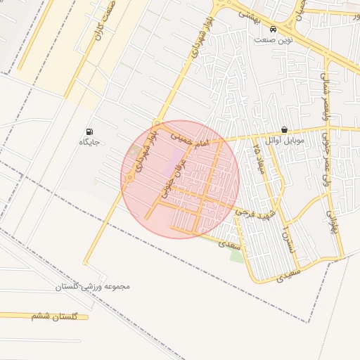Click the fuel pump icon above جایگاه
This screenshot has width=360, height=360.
(89, 131)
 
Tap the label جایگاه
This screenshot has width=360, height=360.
(89, 142)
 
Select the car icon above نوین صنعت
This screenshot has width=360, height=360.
(272, 30)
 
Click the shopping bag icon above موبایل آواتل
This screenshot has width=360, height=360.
(284, 129)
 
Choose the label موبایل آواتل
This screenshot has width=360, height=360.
(284, 140)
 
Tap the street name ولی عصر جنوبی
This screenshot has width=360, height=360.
(328, 172)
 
